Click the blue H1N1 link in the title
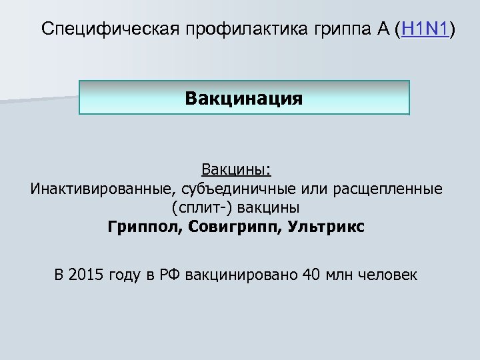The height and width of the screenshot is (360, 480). point(425,29)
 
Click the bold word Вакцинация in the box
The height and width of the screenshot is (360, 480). point(244,99)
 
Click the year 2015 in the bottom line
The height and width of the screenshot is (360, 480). point(87,274)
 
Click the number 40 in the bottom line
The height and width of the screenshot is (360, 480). point(311,274)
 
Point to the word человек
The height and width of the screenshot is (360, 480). point(387,274)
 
